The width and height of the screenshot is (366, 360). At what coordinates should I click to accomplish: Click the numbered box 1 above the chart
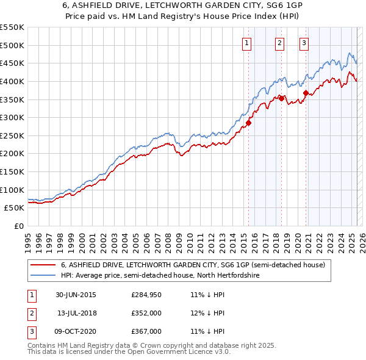point(247,43)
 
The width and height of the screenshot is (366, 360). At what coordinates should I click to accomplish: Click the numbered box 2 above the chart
point(279,43)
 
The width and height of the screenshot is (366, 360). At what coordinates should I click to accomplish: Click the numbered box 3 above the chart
point(304,43)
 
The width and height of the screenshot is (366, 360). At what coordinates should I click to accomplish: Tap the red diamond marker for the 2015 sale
point(249,123)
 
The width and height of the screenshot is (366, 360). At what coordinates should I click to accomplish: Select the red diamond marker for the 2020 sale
point(306,93)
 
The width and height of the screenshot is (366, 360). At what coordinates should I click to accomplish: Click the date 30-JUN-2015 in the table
point(76,295)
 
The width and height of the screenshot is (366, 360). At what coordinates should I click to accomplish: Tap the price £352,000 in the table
point(146,313)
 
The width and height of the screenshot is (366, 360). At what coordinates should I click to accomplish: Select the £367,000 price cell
point(146,331)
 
